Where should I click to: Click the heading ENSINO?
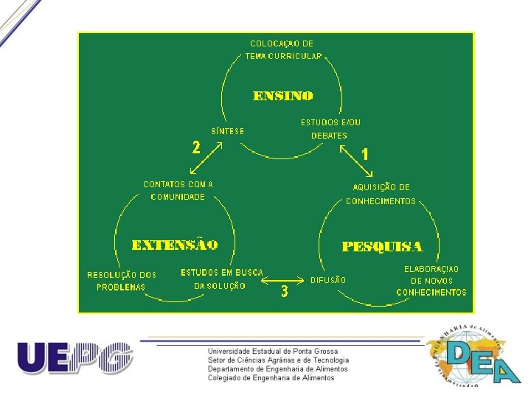283,96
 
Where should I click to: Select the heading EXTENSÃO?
175,244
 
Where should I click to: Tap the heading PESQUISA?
382,246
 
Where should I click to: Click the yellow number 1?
364,155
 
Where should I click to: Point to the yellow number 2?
196,147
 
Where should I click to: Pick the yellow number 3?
285,292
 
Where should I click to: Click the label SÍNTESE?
228,131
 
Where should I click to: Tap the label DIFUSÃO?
328,280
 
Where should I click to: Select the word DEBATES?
329,136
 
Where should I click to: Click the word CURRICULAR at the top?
295,57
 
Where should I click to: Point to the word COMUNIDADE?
178,197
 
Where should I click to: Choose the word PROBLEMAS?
121,287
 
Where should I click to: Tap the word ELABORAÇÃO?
431,269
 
